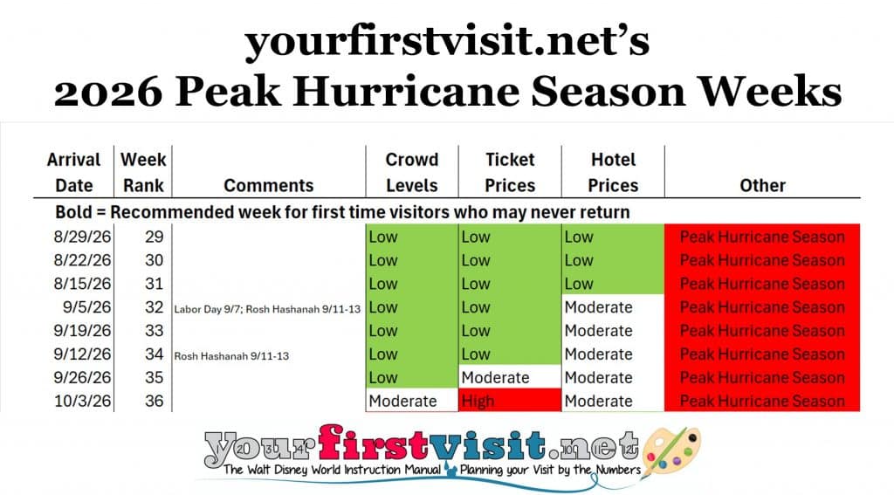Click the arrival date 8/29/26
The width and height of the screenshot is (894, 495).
82,237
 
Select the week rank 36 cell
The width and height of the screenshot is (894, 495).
154,401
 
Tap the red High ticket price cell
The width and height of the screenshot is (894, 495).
510,401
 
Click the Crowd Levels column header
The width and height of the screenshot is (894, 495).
412,172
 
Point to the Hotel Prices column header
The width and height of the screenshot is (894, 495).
613,172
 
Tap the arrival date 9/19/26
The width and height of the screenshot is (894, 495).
82,331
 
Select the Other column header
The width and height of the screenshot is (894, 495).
762,185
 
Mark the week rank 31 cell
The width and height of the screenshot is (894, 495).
154,284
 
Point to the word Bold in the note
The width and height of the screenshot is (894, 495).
73,212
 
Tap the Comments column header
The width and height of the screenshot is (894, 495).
269,185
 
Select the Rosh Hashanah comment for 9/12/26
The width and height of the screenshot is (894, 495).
231,356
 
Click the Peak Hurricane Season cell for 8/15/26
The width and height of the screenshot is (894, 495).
762,284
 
